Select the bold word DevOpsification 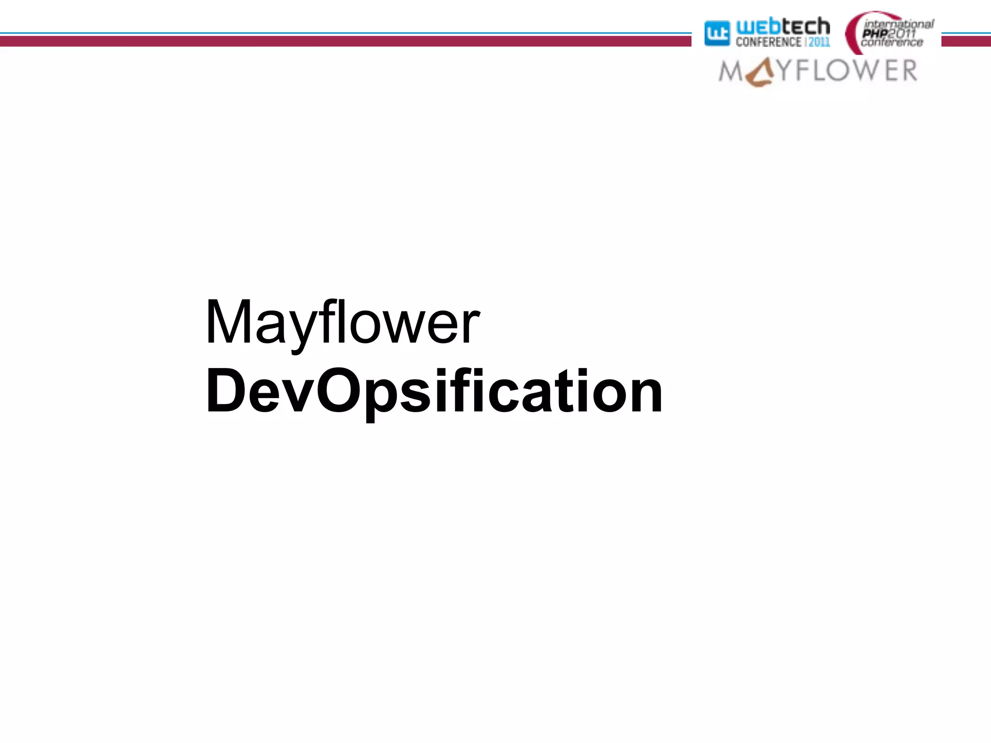click(x=434, y=391)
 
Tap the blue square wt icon click(x=717, y=33)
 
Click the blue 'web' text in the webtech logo click(x=758, y=27)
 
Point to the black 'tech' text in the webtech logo click(x=806, y=26)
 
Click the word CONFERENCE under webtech click(x=768, y=43)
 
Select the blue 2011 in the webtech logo click(x=819, y=43)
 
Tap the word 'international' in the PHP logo click(x=899, y=24)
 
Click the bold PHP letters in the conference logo click(x=875, y=33)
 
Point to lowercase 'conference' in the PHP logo click(x=892, y=43)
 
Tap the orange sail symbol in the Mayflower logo click(x=760, y=74)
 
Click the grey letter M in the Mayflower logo click(x=730, y=72)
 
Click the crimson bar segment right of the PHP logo click(x=966, y=42)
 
